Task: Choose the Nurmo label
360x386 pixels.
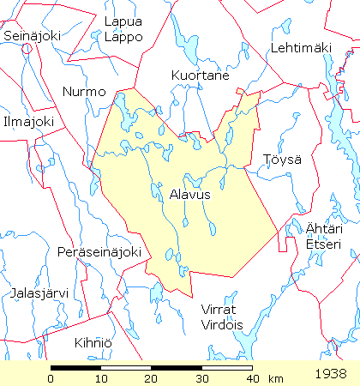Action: point(84,91)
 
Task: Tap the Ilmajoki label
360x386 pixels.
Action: point(27,122)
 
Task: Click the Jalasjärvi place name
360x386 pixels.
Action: point(39,293)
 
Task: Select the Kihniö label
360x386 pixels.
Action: point(92,342)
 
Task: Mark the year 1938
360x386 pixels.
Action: point(331,374)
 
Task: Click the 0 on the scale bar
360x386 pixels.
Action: point(51,378)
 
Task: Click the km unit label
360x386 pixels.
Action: point(275,378)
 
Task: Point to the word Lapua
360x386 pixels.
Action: point(121,21)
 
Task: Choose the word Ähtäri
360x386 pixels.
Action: point(323,228)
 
